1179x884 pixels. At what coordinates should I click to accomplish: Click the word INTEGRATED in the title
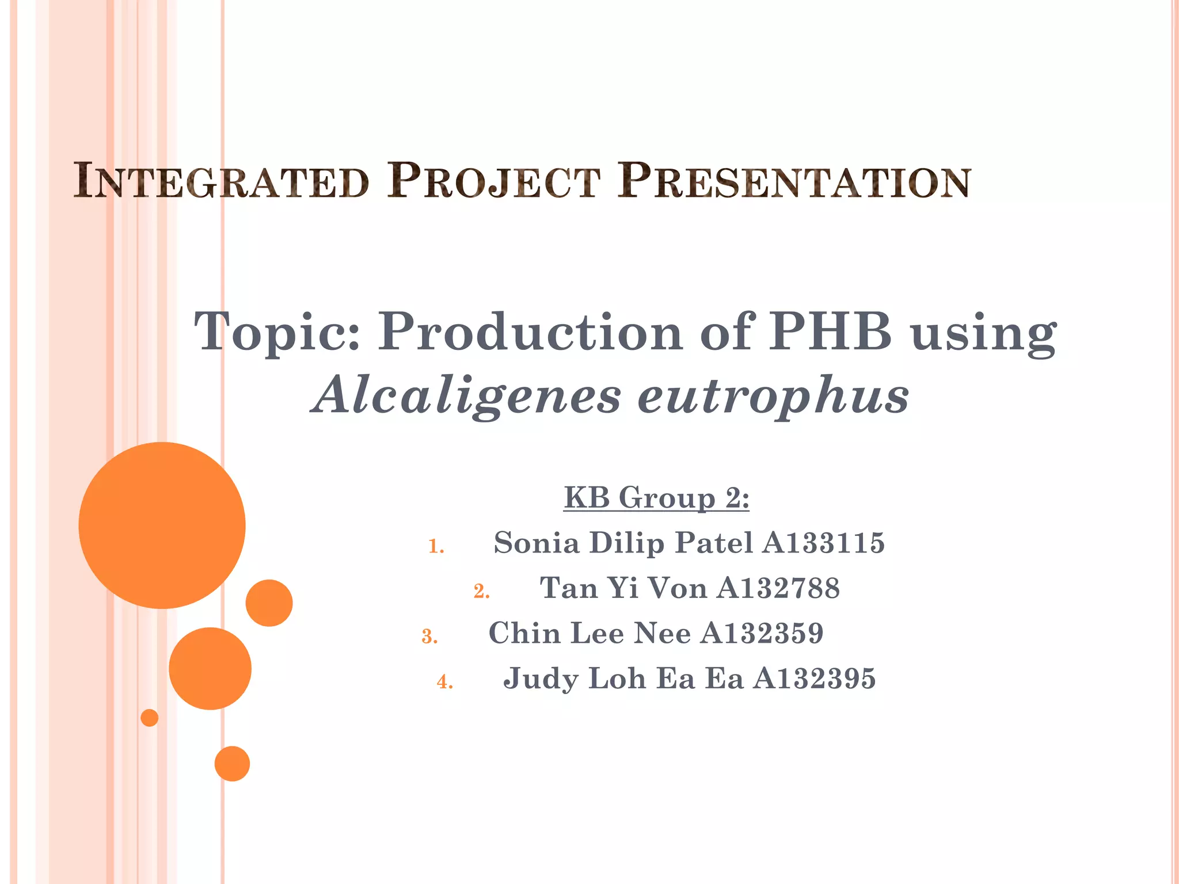(221, 182)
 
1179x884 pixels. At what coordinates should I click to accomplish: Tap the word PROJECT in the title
(493, 182)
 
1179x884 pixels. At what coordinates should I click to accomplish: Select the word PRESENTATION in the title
(794, 182)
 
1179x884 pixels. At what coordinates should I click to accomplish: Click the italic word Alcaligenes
(467, 396)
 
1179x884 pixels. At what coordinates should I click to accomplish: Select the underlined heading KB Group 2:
(656, 498)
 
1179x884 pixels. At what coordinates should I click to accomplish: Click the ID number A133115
(824, 543)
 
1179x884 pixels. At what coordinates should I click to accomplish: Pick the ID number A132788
(778, 588)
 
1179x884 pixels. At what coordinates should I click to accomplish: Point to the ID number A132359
(762, 633)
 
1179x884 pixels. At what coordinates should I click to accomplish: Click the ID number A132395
(815, 678)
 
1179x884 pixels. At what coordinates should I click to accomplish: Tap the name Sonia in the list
(537, 543)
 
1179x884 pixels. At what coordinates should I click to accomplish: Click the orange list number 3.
(429, 637)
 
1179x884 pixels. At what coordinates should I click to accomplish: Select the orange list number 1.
(436, 546)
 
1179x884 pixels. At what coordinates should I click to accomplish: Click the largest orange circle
(162, 525)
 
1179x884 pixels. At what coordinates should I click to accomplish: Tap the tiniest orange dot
(149, 718)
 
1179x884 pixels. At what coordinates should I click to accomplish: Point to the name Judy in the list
(541, 679)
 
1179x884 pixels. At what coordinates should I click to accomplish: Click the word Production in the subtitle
(530, 333)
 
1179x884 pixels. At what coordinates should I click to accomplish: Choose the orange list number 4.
(444, 682)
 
